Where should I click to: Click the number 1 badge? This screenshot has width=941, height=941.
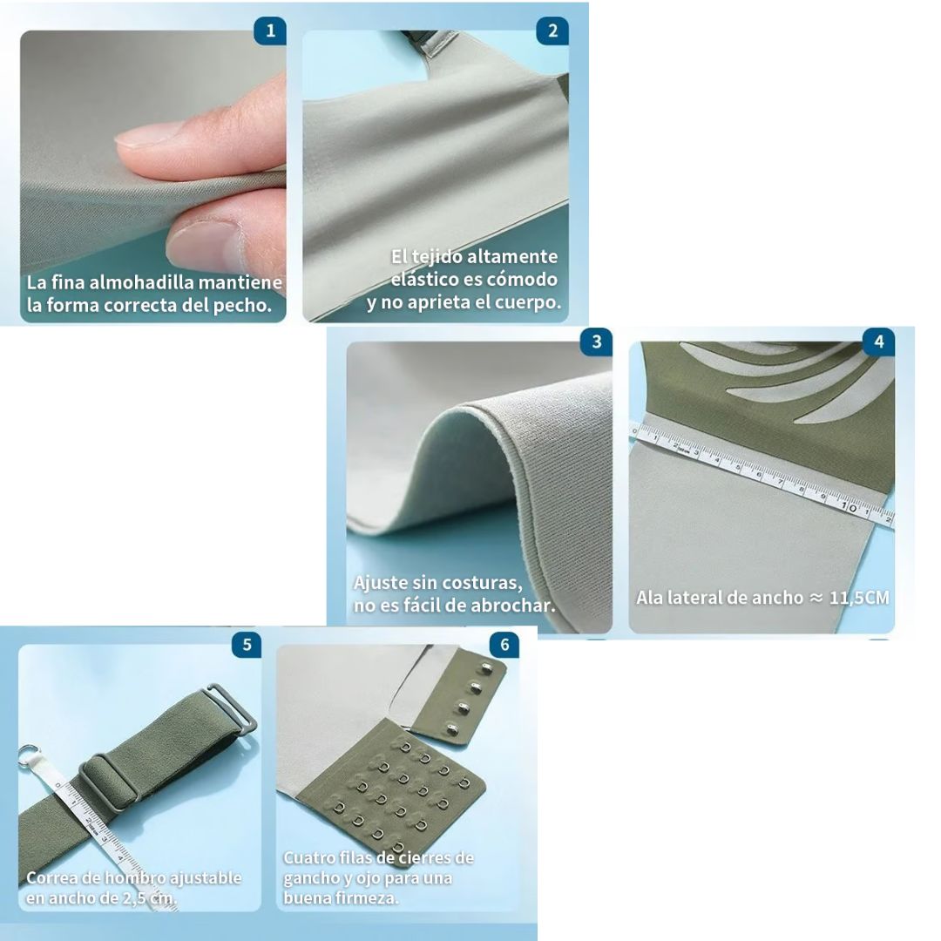(270, 30)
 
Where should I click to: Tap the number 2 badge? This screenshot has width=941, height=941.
(552, 30)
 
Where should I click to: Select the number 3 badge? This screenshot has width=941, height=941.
(596, 342)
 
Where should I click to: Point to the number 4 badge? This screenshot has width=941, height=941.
(878, 342)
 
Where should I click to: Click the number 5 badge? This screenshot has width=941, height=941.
(247, 645)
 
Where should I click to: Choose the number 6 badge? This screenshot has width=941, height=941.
(504, 645)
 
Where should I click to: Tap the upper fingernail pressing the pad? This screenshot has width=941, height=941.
(147, 134)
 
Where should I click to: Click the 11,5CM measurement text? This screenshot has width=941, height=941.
(859, 598)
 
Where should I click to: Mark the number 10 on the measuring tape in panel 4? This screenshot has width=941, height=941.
(849, 507)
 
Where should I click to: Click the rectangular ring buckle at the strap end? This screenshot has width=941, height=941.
(231, 713)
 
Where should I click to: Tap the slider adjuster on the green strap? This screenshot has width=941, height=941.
(111, 782)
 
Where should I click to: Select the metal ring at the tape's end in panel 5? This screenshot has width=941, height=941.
(28, 756)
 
